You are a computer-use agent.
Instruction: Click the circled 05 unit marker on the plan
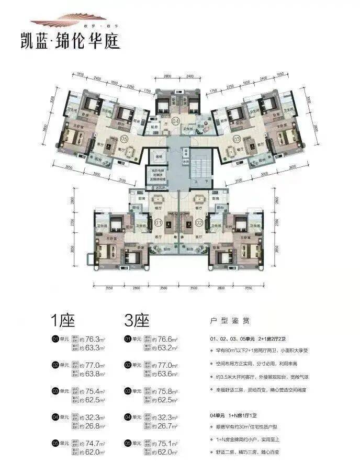click(x=124, y=139)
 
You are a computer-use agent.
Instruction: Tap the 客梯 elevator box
click(x=158, y=155)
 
